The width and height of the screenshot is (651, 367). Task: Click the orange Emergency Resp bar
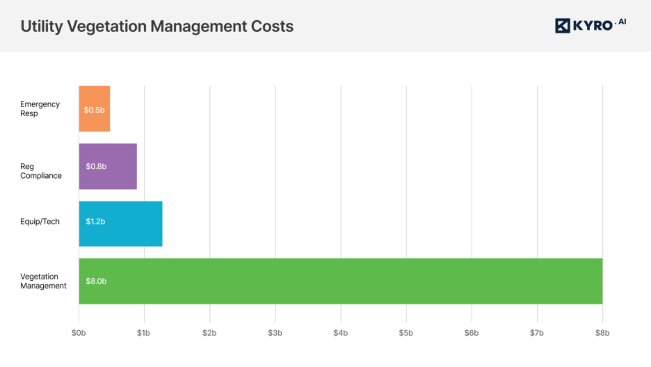tap(95, 108)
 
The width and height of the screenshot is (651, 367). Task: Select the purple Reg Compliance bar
tap(108, 166)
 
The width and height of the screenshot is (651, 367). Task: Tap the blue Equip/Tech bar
tap(120, 224)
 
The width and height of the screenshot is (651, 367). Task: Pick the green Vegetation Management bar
tap(340, 281)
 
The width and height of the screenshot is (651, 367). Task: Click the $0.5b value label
tap(94, 110)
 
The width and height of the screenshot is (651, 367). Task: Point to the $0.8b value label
tap(96, 167)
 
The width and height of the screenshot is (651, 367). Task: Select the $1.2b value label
tap(95, 222)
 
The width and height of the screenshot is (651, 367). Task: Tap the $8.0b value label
tap(96, 282)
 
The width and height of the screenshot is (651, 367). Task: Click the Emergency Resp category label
tap(40, 109)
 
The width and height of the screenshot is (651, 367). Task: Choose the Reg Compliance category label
tap(41, 171)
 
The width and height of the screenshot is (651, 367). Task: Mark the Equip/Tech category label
tap(40, 222)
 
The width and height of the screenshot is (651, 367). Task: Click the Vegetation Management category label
tap(43, 282)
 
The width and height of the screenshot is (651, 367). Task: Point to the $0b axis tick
tap(79, 333)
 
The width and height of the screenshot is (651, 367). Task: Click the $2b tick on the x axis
tap(209, 333)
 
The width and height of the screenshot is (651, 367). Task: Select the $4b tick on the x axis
tap(340, 333)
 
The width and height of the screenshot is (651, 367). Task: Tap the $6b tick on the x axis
tap(472, 333)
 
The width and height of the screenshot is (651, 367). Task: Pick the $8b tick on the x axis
tap(602, 333)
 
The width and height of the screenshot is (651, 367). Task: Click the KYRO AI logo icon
tap(563, 26)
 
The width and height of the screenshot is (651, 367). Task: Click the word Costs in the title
tap(271, 26)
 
